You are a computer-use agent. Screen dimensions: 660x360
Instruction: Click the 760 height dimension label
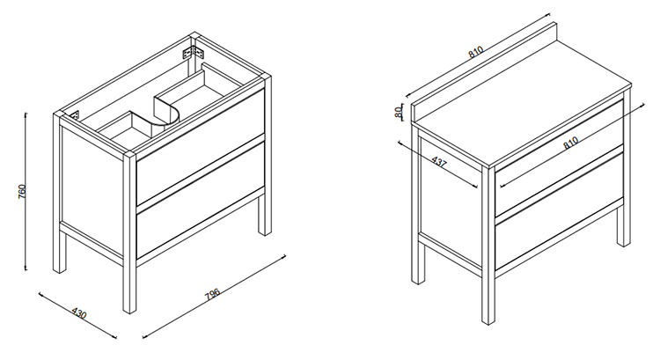(23, 192)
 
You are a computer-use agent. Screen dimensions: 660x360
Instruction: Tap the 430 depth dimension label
(78, 313)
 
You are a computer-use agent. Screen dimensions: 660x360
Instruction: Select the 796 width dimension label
(213, 294)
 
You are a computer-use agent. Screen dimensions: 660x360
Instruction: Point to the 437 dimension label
(438, 162)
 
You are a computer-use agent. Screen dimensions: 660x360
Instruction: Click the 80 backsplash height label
(398, 112)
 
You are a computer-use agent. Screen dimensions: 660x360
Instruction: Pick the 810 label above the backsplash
(475, 52)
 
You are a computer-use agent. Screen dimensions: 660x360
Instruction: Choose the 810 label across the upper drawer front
(570, 143)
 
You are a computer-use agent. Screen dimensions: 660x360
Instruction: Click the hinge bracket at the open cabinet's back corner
(194, 53)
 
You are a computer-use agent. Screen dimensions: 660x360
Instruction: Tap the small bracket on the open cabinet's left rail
(76, 115)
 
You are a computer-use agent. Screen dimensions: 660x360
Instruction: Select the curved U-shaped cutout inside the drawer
(165, 114)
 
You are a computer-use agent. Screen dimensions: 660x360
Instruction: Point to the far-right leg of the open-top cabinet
(265, 155)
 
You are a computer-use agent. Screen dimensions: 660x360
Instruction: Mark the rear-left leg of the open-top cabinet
(59, 193)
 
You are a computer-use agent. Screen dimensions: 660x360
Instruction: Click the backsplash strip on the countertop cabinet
(484, 72)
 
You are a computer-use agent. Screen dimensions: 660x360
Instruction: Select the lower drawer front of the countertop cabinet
(559, 211)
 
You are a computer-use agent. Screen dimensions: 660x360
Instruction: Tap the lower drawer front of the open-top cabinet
(201, 200)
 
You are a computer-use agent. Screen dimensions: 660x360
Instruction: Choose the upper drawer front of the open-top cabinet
(201, 147)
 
